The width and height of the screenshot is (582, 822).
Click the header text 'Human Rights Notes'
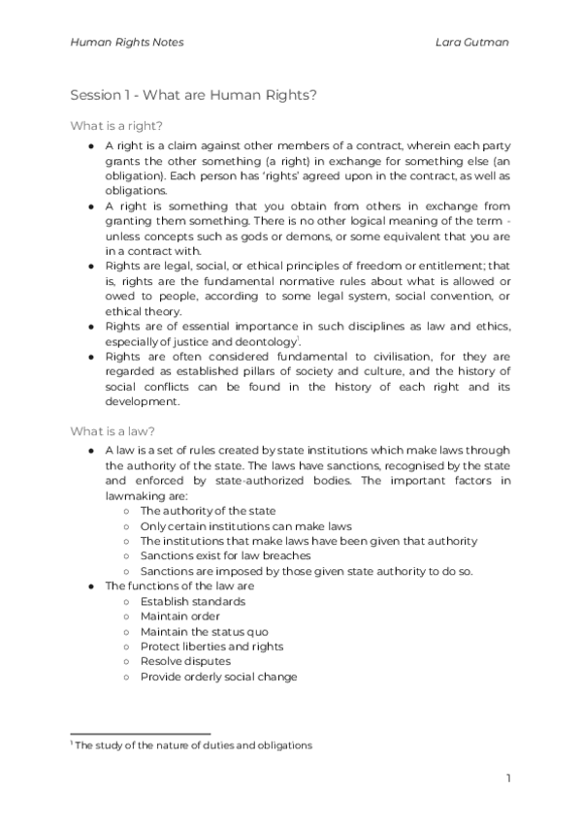pyautogui.click(x=127, y=43)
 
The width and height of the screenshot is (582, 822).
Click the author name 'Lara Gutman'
pyautogui.click(x=474, y=43)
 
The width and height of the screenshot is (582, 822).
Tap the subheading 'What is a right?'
pyautogui.click(x=116, y=126)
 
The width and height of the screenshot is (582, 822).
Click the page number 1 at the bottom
pyautogui.click(x=508, y=777)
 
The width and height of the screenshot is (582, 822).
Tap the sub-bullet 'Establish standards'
pyautogui.click(x=193, y=601)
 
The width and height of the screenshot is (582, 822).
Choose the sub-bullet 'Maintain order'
pyautogui.click(x=180, y=616)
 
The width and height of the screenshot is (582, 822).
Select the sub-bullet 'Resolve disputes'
pyautogui.click(x=185, y=661)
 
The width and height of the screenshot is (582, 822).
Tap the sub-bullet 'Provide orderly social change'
pyautogui.click(x=218, y=677)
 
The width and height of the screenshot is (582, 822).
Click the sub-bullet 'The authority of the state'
pyautogui.click(x=208, y=510)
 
